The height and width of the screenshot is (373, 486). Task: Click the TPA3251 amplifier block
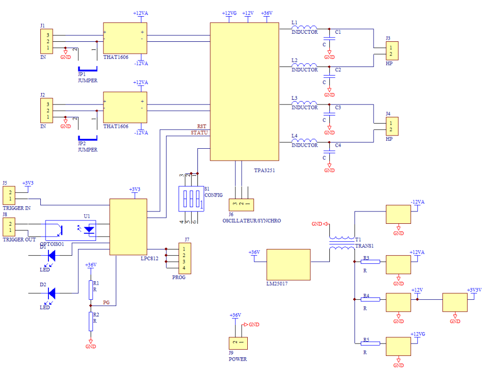coord(244,92)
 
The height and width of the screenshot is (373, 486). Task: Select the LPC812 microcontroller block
coord(128,227)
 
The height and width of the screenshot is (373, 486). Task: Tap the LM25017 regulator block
coord(288,265)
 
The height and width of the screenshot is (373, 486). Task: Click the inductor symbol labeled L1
coord(304,28)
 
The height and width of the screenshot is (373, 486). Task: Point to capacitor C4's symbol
coord(329,152)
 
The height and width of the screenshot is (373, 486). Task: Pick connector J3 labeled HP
coord(392,50)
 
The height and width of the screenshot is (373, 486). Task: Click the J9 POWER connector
coord(238,343)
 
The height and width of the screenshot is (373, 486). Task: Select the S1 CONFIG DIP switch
coord(191,199)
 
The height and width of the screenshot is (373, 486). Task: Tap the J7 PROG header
coord(185,258)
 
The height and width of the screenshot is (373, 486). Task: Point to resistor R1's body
coord(91,290)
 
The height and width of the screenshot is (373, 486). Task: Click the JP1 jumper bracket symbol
coord(87,69)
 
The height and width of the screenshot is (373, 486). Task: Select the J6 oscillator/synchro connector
coord(241,205)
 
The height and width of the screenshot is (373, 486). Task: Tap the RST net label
coord(201,126)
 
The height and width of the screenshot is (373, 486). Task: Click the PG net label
coord(106,302)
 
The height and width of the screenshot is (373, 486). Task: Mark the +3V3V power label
coord(474,290)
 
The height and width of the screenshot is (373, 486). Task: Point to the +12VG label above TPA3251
coord(229,13)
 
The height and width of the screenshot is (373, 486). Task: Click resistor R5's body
coord(370,343)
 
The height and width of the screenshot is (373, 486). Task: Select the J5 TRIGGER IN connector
coord(9,195)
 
